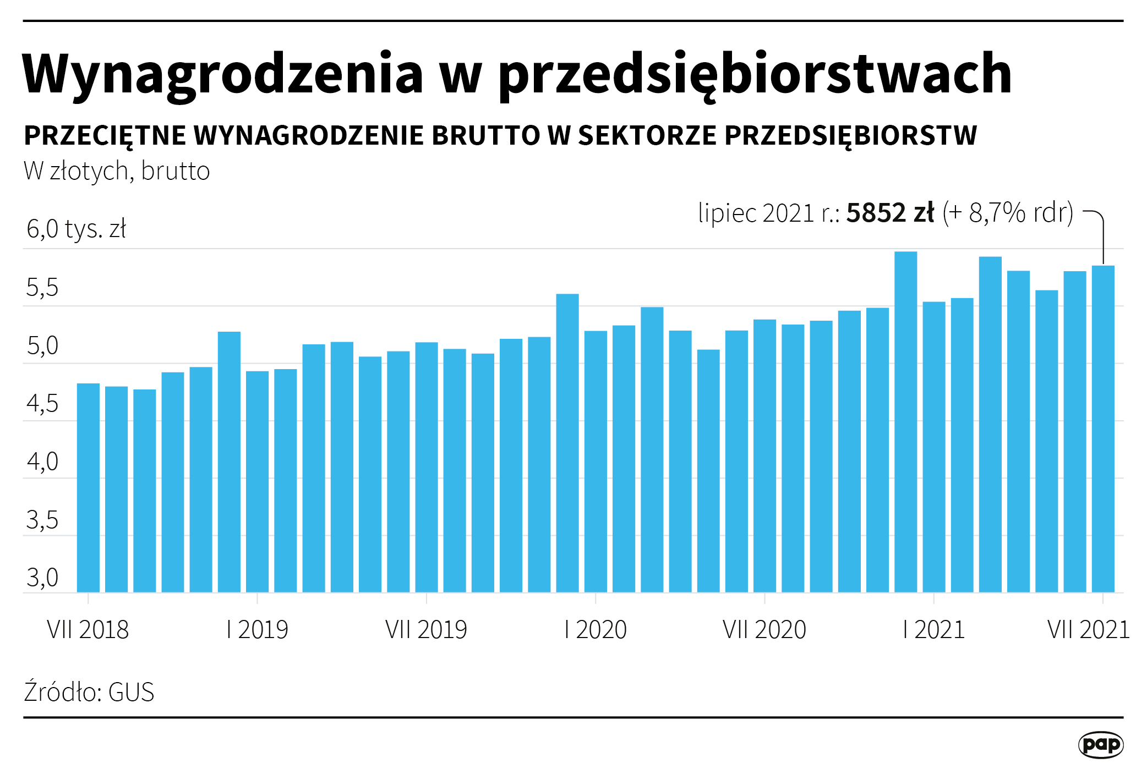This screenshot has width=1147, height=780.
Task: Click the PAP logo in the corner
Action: tap(1100, 745)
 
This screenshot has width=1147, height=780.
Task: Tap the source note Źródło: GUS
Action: tap(89, 692)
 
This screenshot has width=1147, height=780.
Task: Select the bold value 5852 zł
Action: tap(890, 213)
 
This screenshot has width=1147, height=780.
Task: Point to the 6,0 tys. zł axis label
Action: tap(76, 229)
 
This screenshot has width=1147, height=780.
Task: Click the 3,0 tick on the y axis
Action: tap(42, 578)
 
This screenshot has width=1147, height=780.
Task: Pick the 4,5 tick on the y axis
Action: tap(42, 404)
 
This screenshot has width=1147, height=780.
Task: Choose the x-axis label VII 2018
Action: tap(88, 629)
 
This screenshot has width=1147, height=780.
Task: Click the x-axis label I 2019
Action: tap(257, 629)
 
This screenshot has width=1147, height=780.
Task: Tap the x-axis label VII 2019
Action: tap(426, 629)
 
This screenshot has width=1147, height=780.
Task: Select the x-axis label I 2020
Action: tap(596, 629)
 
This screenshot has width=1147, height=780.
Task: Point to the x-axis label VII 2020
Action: tap(764, 629)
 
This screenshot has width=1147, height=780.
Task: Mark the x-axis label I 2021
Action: tap(934, 629)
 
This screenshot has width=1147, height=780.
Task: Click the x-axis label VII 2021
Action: tap(1088, 629)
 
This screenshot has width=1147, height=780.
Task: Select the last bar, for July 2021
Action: tap(1103, 429)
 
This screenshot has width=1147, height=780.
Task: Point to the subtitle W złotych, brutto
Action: tap(117, 171)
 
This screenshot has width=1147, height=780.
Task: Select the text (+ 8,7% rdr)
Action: tap(1008, 213)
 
